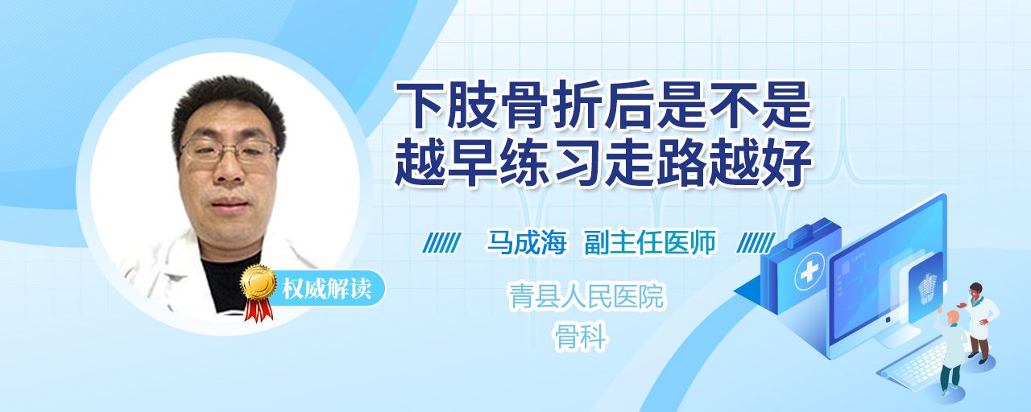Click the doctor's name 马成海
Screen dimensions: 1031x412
point(526,242)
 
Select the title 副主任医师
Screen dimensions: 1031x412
point(650,242)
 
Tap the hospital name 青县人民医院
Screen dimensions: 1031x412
point(586,296)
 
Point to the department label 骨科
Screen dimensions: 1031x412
point(581,336)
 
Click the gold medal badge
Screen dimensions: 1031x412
point(259,282)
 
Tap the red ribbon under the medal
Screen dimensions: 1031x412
point(259,309)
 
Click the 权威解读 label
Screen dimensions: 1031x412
point(326,289)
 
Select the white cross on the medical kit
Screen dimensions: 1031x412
point(809,272)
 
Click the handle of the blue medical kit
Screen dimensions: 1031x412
point(811,233)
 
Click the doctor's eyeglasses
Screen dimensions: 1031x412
point(229,150)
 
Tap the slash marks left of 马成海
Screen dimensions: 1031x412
point(441,243)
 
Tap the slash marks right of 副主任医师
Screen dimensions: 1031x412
point(756,243)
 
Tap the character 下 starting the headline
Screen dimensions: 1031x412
point(419,105)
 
